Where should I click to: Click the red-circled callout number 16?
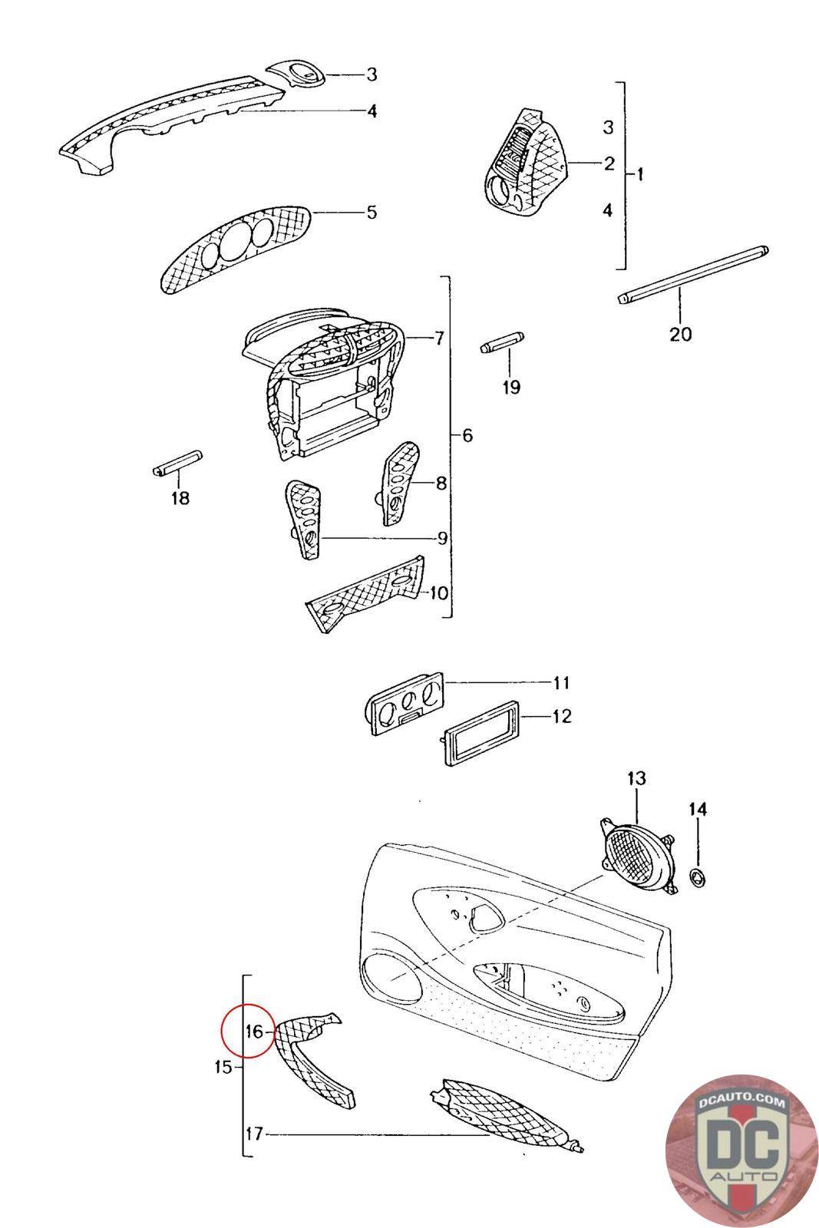(x=254, y=1031)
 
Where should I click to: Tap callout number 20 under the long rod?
(x=680, y=334)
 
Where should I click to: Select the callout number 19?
(x=511, y=387)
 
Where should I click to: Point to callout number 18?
(x=180, y=498)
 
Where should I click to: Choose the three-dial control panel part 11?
(x=407, y=703)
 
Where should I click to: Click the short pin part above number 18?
(x=177, y=464)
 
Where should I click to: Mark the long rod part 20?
(x=693, y=272)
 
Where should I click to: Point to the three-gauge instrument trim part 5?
(x=237, y=246)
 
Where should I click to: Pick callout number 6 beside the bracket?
(x=467, y=435)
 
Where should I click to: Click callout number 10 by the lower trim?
(x=438, y=593)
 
